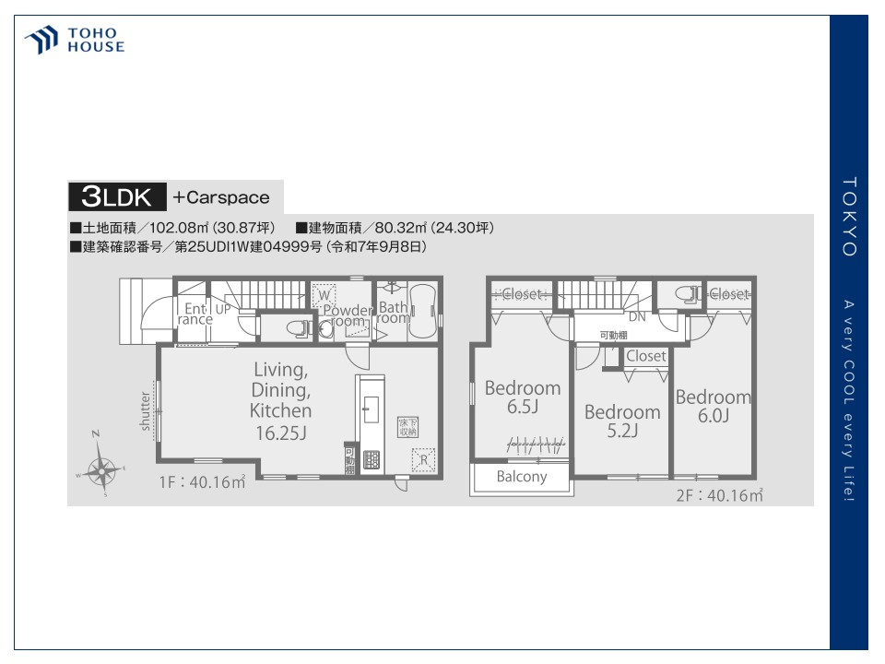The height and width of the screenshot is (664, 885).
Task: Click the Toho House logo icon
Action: point(42,41)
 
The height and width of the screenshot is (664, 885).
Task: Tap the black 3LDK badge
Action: point(117,196)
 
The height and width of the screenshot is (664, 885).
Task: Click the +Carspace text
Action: point(221,197)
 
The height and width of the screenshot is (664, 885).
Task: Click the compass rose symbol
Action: point(100,469)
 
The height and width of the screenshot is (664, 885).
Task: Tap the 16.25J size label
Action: point(280,432)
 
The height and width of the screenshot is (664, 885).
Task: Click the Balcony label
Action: point(522,477)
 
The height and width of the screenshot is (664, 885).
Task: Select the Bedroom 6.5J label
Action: point(523,397)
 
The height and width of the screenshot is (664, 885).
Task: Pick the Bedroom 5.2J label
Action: point(622,421)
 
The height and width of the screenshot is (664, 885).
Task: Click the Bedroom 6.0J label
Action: point(714,407)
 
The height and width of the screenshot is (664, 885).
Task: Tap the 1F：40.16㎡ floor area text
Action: point(202,480)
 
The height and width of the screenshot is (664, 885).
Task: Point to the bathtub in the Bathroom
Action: point(426,314)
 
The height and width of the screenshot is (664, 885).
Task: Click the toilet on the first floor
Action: point(296,326)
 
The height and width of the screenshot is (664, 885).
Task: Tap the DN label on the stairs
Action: point(637,316)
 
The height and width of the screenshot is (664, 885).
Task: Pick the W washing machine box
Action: point(324,296)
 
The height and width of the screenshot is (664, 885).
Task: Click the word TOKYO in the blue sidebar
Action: point(849,217)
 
